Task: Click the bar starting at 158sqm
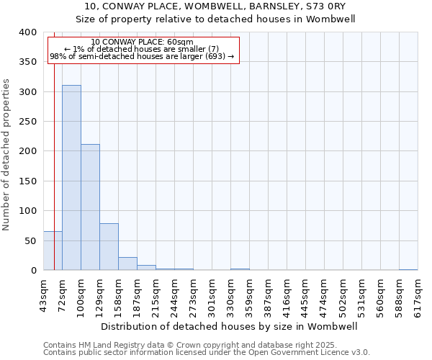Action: coord(127,264)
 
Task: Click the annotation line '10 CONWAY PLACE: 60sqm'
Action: coord(143,42)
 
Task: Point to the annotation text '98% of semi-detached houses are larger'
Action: coord(143,56)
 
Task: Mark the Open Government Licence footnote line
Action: coord(207,353)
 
